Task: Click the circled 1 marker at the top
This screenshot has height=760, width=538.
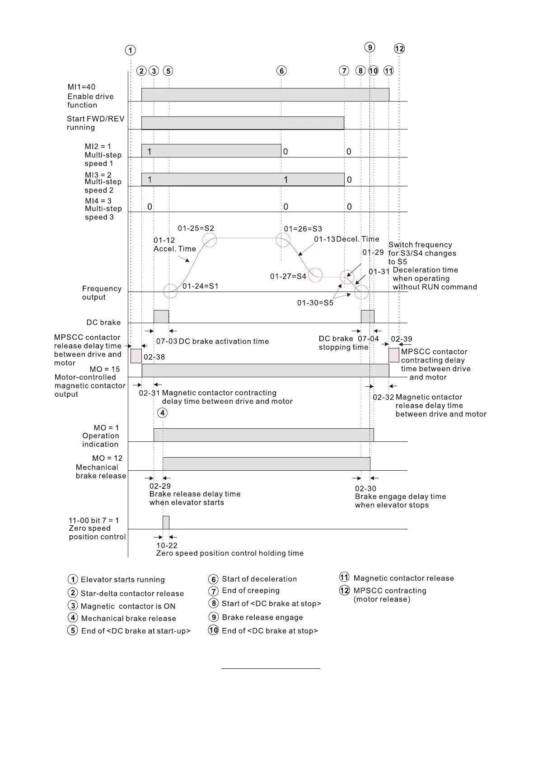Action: (130, 50)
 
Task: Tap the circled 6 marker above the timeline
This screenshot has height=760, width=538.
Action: (281, 71)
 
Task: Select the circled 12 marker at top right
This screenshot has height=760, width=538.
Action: (399, 49)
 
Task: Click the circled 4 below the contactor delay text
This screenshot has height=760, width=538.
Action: (162, 412)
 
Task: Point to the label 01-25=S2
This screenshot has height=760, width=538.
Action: (196, 228)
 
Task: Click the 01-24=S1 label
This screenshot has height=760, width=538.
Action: (200, 286)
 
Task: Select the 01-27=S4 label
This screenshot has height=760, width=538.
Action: (288, 276)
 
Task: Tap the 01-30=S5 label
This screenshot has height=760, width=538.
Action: (315, 303)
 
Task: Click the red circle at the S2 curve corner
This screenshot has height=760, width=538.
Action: (210, 240)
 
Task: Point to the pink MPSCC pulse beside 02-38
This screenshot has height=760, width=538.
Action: (136, 356)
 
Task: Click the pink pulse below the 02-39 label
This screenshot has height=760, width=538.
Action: (394, 355)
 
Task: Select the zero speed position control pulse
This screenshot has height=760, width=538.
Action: (166, 522)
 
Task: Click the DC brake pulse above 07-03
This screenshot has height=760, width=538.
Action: (161, 316)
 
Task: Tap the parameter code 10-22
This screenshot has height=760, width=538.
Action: (167, 545)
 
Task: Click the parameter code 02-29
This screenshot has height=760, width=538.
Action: (160, 486)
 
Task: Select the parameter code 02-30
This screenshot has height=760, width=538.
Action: (365, 488)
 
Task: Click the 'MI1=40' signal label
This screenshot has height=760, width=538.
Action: (81, 87)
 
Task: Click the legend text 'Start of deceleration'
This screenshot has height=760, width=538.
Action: (259, 579)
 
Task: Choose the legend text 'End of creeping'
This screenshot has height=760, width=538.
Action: (250, 590)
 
